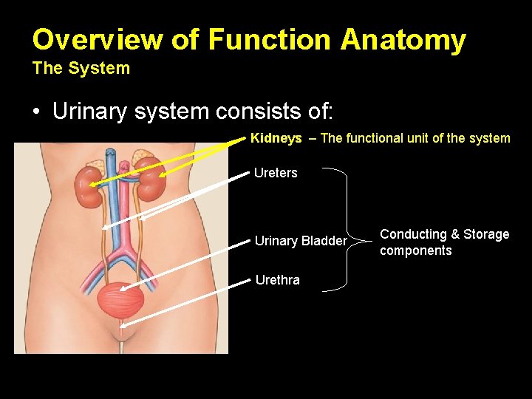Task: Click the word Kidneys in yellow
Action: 276,138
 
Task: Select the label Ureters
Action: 276,173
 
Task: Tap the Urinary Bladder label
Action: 300,241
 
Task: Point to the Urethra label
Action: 277,280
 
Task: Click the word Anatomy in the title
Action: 403,40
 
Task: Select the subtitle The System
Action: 81,69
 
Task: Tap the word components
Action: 415,250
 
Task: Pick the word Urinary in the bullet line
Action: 87,112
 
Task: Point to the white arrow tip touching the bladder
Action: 120,289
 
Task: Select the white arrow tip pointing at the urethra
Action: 121,325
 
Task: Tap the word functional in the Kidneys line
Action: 371,138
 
